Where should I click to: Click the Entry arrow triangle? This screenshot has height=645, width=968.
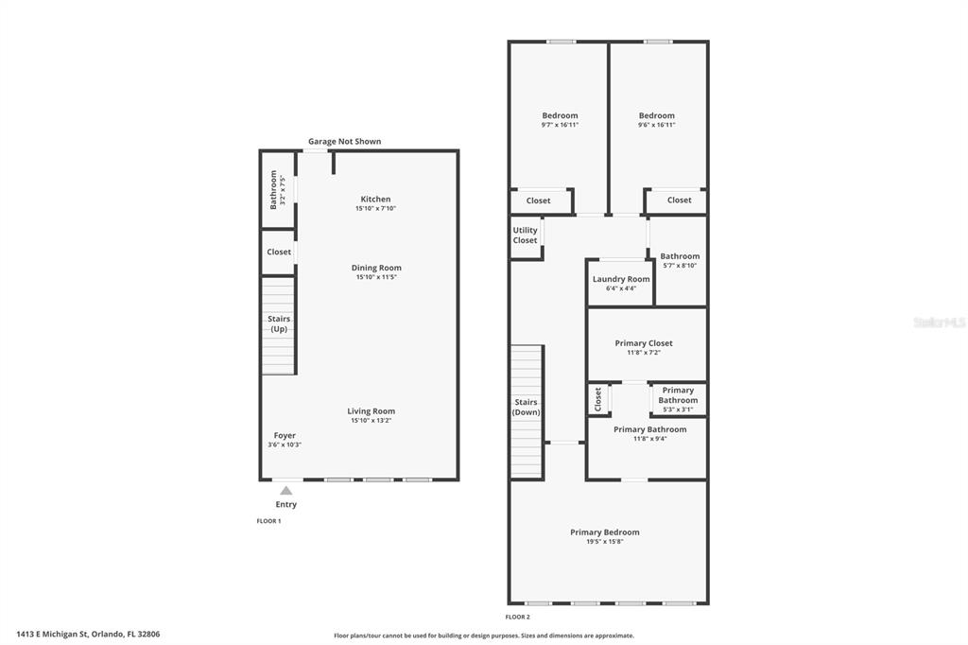pyautogui.click(x=285, y=491)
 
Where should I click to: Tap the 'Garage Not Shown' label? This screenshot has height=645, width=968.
pyautogui.click(x=344, y=142)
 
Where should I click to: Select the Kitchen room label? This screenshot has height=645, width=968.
pyautogui.click(x=375, y=199)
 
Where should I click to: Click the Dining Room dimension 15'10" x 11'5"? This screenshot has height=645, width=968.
pyautogui.click(x=376, y=277)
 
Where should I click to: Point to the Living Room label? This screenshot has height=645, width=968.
pyautogui.click(x=371, y=410)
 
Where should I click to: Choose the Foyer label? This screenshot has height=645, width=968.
pyautogui.click(x=285, y=435)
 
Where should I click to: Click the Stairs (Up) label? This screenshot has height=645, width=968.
pyautogui.click(x=279, y=323)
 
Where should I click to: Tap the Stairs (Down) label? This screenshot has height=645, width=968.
pyautogui.click(x=526, y=407)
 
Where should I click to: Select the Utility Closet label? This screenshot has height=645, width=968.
pyautogui.click(x=526, y=235)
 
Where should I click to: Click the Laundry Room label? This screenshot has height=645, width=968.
pyautogui.click(x=621, y=279)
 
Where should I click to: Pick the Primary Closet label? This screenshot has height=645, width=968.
pyautogui.click(x=644, y=343)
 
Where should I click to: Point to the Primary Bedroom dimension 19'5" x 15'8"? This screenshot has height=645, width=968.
pyautogui.click(x=605, y=542)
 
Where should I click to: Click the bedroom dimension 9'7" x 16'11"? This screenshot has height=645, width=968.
pyautogui.click(x=560, y=125)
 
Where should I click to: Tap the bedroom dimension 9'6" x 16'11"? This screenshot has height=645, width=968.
pyautogui.click(x=657, y=125)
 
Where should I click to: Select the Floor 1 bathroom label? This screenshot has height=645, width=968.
pyautogui.click(x=273, y=190)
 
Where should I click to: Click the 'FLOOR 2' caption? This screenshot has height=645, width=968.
pyautogui.click(x=517, y=617)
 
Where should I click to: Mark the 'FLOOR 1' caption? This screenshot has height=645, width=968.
pyautogui.click(x=268, y=521)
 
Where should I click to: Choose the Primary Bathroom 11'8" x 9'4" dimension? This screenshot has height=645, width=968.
pyautogui.click(x=650, y=439)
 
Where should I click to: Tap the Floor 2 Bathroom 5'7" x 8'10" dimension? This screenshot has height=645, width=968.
pyautogui.click(x=680, y=266)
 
